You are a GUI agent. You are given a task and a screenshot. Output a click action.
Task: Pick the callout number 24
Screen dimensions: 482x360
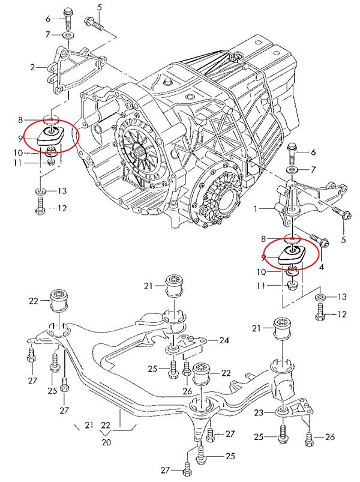click(x=224, y=340)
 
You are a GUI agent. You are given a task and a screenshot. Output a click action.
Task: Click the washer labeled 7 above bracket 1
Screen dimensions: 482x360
click(x=292, y=171)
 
